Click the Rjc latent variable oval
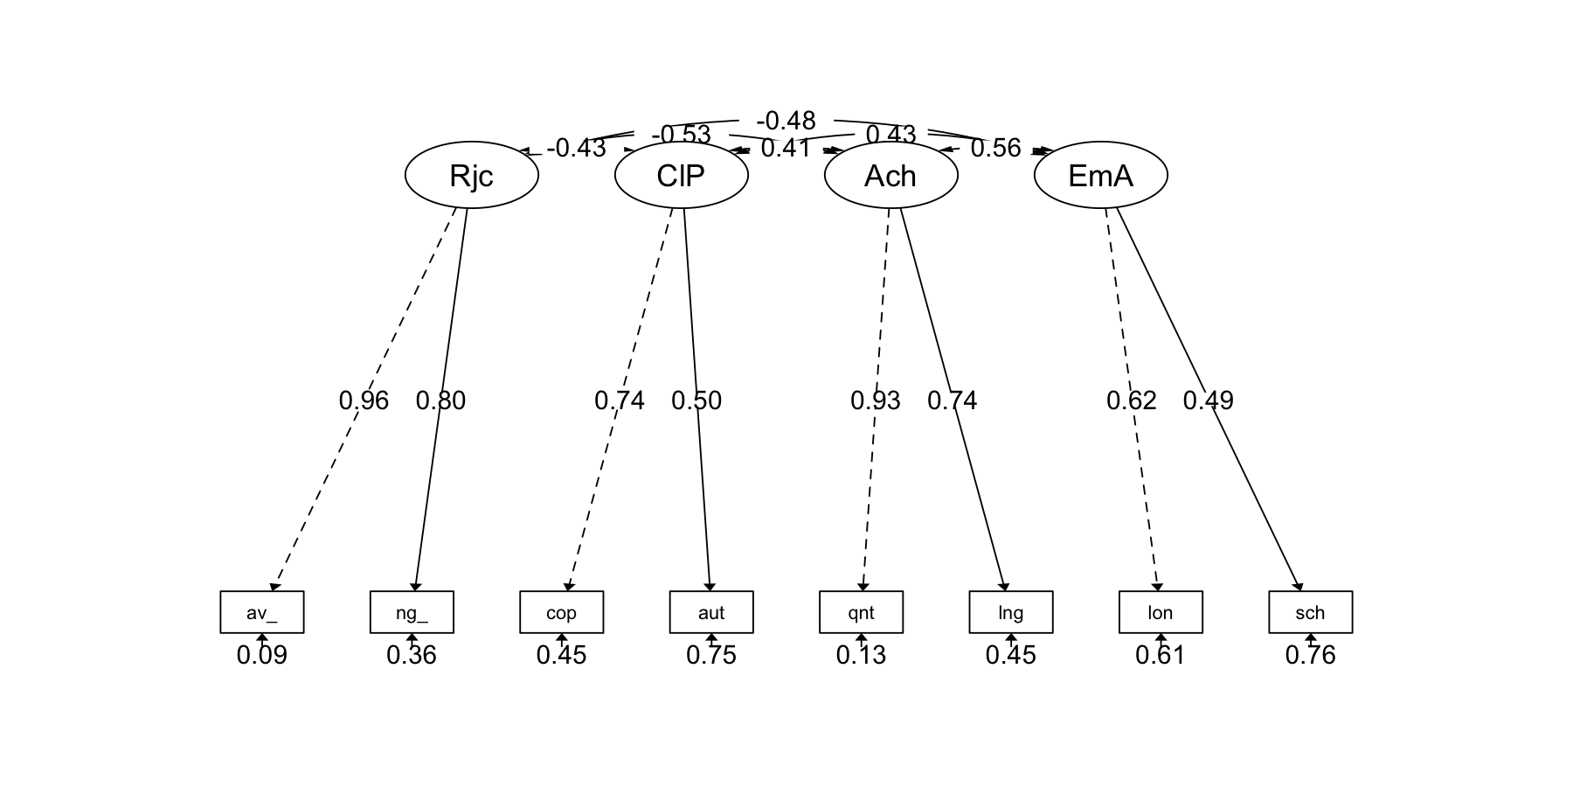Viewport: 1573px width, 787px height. point(472,175)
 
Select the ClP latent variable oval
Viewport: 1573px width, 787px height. point(682,175)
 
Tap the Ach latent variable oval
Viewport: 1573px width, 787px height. point(891,175)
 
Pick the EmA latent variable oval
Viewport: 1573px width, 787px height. point(1101,175)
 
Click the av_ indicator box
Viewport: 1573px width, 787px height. point(262,612)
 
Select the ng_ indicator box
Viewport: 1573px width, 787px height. point(412,612)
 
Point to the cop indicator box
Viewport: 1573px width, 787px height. point(562,612)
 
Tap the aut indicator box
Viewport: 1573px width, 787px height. point(711,612)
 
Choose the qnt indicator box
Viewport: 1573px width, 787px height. point(862,612)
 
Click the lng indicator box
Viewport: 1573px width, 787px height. point(1011,612)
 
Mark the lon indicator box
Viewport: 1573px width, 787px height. point(1161,612)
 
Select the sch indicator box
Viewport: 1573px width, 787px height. point(1311,612)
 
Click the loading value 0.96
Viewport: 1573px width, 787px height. point(364,400)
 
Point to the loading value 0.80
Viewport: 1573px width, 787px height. point(440,400)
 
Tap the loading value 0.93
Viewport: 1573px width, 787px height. point(876,400)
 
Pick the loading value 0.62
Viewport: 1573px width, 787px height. point(1132,400)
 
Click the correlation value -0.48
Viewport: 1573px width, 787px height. point(786,121)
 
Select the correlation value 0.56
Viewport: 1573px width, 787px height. point(995,149)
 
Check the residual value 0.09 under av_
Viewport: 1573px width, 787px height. point(262,655)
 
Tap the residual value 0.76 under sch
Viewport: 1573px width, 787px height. point(1311,655)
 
